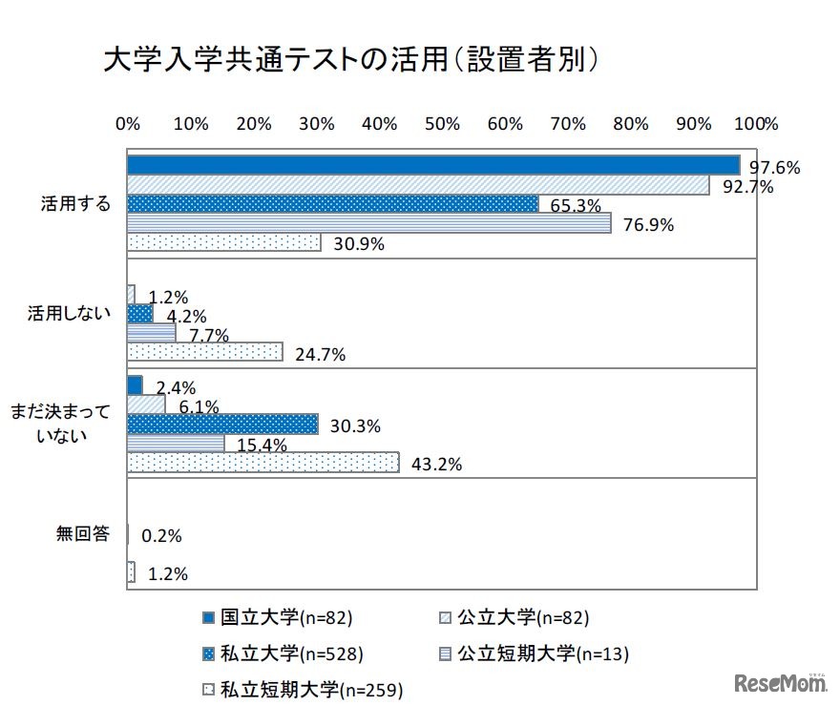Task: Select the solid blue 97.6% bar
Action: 433,165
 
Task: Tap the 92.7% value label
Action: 747,187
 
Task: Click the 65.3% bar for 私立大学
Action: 332,204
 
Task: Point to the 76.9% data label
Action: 649,225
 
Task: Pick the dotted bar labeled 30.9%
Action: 223,242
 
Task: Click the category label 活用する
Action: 74,204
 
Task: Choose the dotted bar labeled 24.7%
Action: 204,352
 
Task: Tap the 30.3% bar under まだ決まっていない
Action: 222,423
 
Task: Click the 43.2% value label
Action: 437,465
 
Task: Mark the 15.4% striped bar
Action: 176,444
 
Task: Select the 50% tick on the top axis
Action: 442,124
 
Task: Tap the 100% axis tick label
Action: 756,124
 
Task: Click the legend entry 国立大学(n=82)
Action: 278,618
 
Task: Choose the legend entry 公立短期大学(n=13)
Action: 533,653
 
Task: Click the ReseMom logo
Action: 779,682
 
